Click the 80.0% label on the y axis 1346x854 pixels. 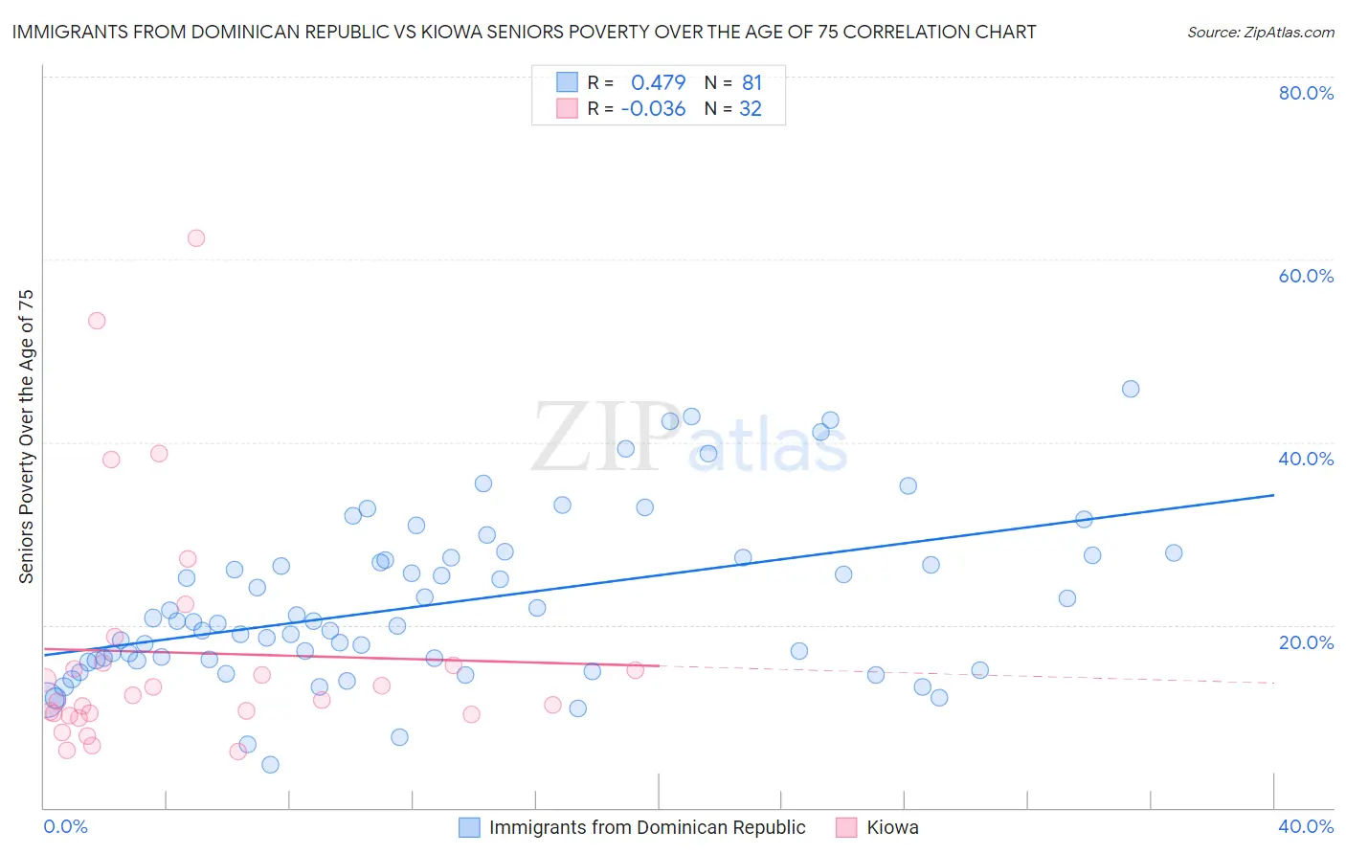click(x=1306, y=93)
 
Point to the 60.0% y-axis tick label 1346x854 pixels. click(x=1306, y=276)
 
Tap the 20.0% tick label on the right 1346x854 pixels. click(x=1306, y=642)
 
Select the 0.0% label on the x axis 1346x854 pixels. click(x=65, y=826)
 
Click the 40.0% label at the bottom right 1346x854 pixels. click(x=1306, y=826)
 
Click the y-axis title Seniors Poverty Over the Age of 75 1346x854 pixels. click(x=26, y=437)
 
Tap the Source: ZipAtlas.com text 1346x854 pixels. click(x=1261, y=33)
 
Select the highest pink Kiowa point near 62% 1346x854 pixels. click(x=196, y=238)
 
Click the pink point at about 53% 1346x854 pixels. click(x=97, y=321)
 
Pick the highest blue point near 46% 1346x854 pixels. click(x=1131, y=389)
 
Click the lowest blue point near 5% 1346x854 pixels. click(x=270, y=764)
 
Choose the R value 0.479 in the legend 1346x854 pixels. click(x=658, y=83)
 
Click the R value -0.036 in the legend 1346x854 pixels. click(x=653, y=109)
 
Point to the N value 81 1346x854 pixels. click(x=752, y=83)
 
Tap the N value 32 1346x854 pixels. click(x=751, y=109)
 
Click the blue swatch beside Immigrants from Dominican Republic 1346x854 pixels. click(x=469, y=827)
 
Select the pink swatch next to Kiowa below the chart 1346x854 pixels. click(x=846, y=827)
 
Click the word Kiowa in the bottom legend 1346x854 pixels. click(x=892, y=827)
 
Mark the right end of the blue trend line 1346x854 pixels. click(x=1273, y=495)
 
